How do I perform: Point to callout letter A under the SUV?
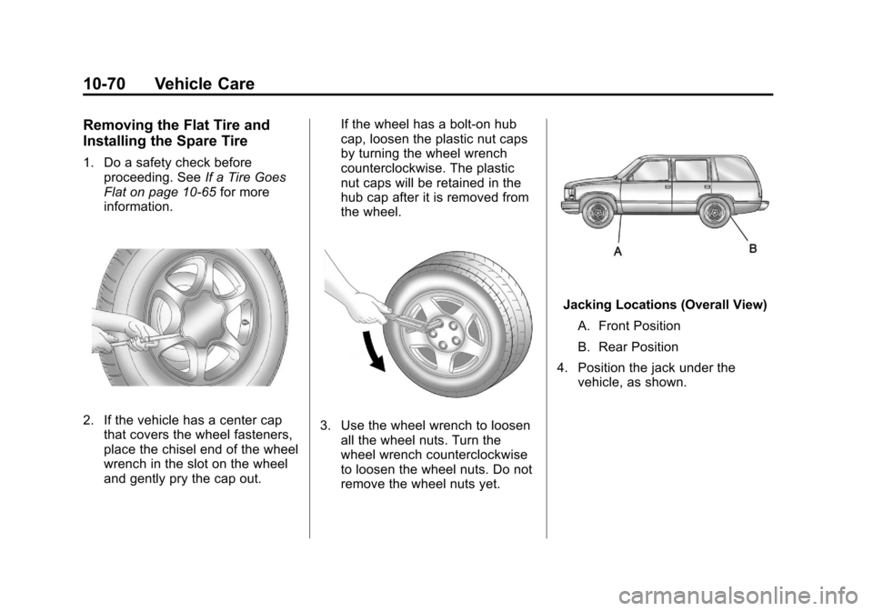click(617, 253)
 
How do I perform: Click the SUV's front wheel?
click(597, 214)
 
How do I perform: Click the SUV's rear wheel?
click(715, 214)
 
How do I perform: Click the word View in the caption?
click(751, 305)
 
